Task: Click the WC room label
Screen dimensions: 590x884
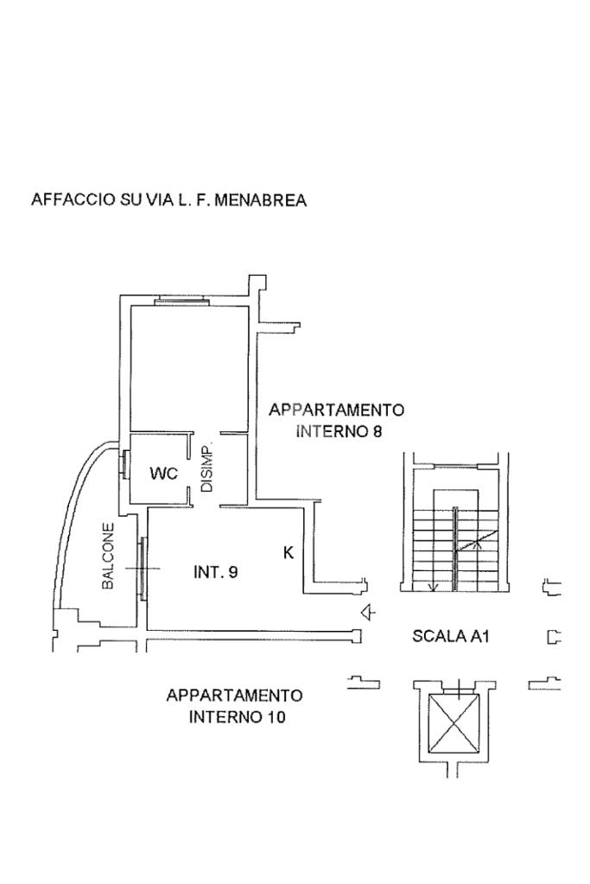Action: (x=163, y=474)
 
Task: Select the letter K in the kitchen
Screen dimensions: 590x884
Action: (x=289, y=553)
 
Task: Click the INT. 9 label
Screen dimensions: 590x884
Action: (x=215, y=571)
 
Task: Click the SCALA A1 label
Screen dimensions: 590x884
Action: (x=451, y=637)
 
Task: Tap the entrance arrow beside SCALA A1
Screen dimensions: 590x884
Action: (x=369, y=613)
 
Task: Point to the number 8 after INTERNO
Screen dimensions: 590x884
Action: (x=377, y=431)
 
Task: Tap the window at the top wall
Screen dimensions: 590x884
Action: (x=181, y=301)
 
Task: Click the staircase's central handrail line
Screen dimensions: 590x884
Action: (x=455, y=550)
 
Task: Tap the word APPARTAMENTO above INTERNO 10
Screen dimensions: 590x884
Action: (x=234, y=696)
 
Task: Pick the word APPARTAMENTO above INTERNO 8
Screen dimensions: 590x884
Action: (x=336, y=410)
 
